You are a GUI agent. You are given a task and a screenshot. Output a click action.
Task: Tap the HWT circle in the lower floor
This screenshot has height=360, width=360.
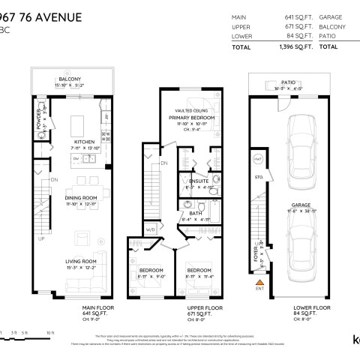point(256,159)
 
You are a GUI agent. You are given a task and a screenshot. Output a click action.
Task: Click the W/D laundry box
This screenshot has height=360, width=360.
point(150,229)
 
